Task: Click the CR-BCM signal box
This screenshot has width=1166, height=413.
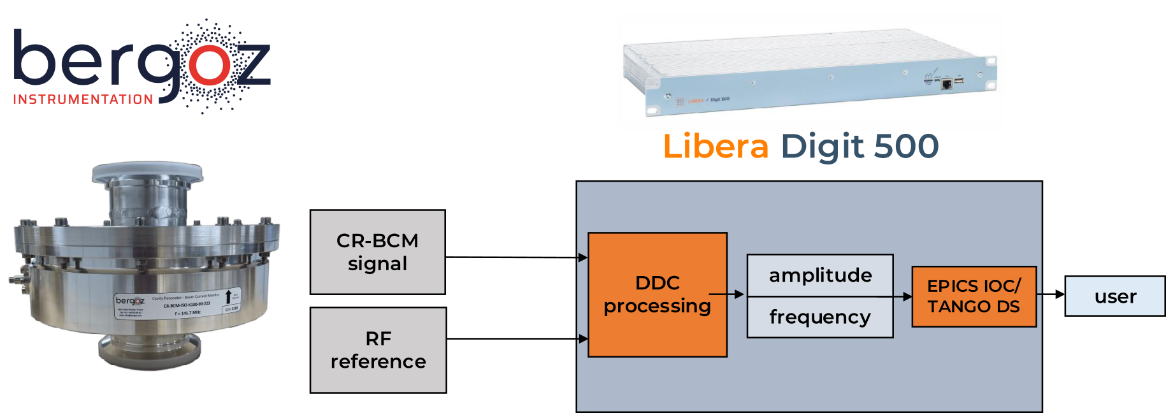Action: [x=377, y=252]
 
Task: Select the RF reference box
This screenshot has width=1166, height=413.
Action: [x=378, y=350]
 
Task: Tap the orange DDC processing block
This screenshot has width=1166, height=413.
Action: [x=657, y=294]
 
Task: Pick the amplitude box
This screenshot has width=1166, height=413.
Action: [x=820, y=275]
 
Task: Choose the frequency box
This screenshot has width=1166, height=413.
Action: [x=820, y=317]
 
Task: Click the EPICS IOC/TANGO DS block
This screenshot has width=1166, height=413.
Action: [x=974, y=296]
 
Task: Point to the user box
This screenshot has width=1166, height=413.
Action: [x=1114, y=296]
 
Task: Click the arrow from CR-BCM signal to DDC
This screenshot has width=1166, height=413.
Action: [x=516, y=257]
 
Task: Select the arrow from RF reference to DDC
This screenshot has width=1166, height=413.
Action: [x=516, y=339]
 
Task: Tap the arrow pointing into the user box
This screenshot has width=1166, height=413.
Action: [x=1051, y=294]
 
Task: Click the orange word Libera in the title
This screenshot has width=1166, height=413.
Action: [x=716, y=147]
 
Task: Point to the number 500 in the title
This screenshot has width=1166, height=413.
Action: [x=906, y=147]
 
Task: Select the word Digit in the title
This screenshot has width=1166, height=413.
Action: [x=822, y=147]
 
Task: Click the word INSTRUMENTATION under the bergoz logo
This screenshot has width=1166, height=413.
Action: [x=83, y=100]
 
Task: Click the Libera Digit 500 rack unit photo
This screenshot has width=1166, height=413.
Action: [x=809, y=73]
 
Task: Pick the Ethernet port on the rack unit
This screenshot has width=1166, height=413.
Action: [x=947, y=83]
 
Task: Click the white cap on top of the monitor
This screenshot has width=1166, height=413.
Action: [x=148, y=170]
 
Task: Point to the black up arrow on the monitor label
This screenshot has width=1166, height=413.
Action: [x=228, y=297]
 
